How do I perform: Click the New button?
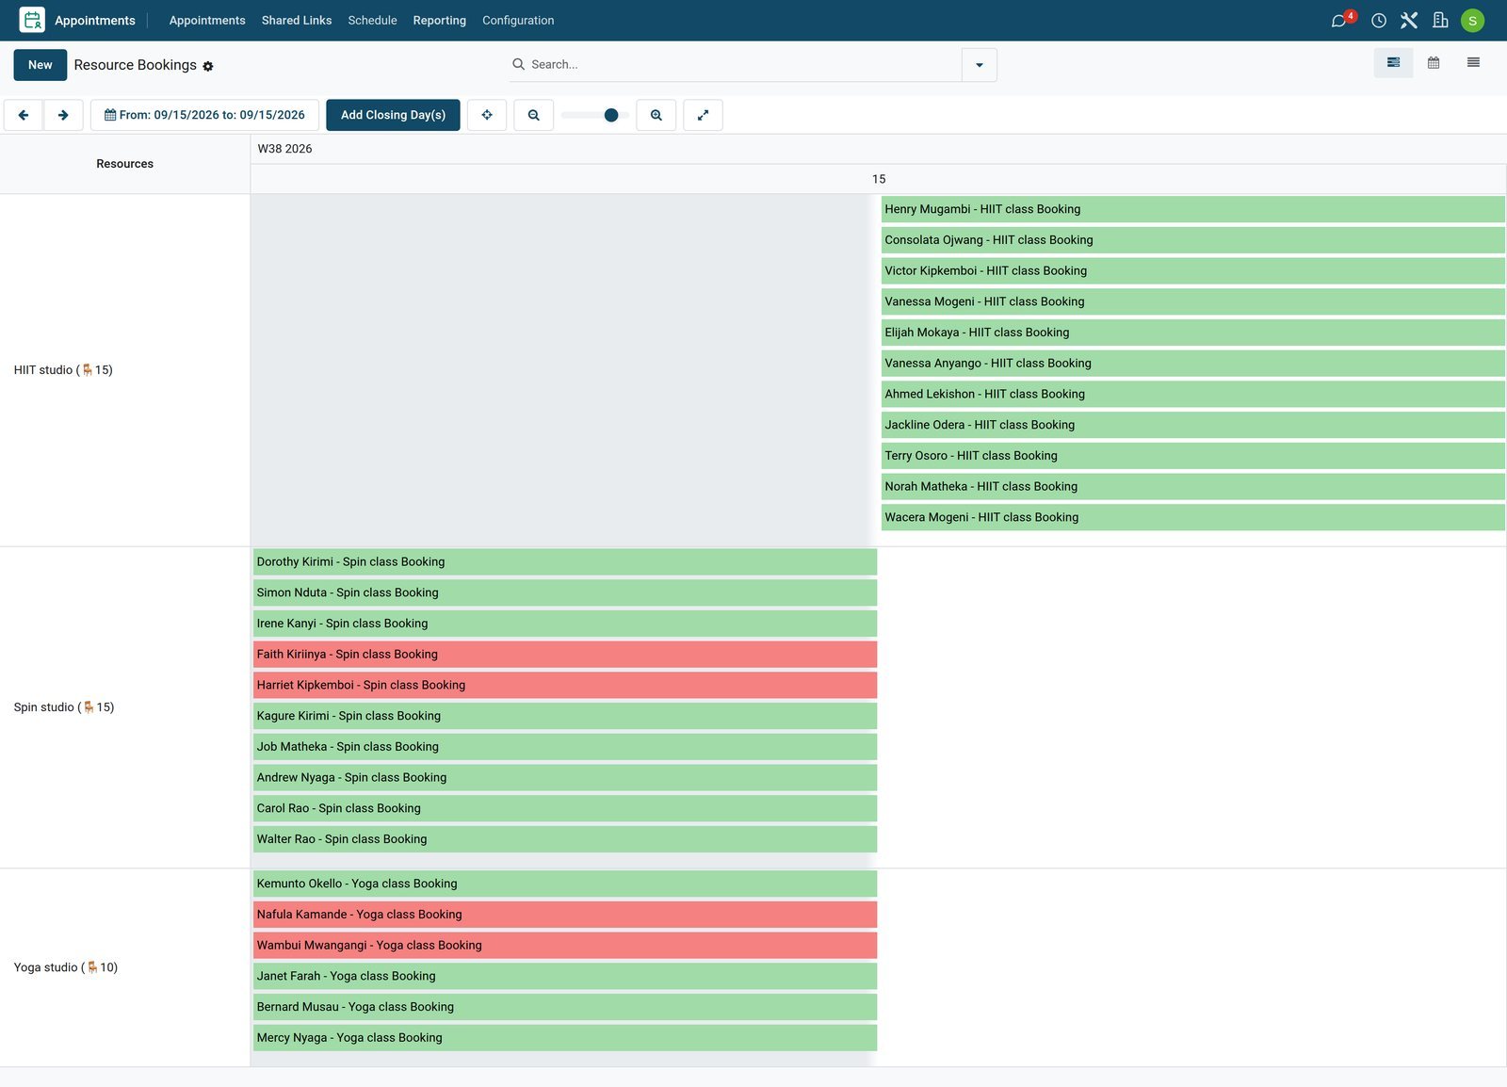pyautogui.click(x=40, y=65)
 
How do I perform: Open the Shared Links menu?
pyautogui.click(x=296, y=20)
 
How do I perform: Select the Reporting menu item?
pyautogui.click(x=439, y=20)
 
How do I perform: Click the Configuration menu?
pyautogui.click(x=518, y=20)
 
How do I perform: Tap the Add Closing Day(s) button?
pyautogui.click(x=393, y=115)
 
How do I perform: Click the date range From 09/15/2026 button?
pyautogui.click(x=204, y=115)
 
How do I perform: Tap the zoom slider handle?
pyautogui.click(x=611, y=115)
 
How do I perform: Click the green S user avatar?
pyautogui.click(x=1472, y=20)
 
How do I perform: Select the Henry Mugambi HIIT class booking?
pyautogui.click(x=1192, y=209)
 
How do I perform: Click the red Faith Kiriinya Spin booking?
pyautogui.click(x=565, y=654)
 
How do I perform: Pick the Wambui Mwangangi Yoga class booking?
pyautogui.click(x=565, y=945)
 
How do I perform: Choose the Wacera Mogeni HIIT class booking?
pyautogui.click(x=1192, y=517)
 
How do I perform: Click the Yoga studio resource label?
pyautogui.click(x=66, y=967)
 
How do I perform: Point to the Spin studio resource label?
pyautogui.click(x=64, y=707)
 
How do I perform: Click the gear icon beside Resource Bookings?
pyautogui.click(x=208, y=66)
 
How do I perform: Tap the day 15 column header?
pyautogui.click(x=879, y=179)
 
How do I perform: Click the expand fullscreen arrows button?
pyautogui.click(x=703, y=115)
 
